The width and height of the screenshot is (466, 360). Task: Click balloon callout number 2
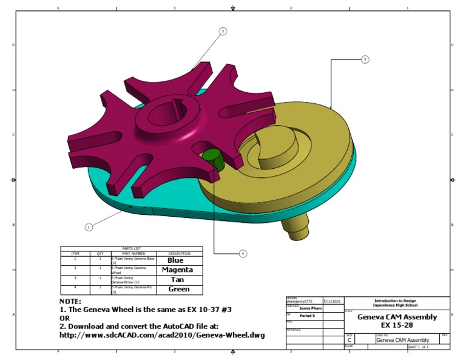[223, 31]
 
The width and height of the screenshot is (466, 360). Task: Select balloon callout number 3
[365, 59]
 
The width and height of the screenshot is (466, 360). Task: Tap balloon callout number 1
[89, 227]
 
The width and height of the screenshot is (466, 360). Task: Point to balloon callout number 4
[243, 253]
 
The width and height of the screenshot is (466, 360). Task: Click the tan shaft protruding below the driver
[297, 228]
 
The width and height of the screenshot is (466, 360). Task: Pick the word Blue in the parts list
[175, 260]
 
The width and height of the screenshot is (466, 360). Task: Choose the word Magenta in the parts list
[177, 270]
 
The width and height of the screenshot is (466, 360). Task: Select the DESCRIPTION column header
[180, 253]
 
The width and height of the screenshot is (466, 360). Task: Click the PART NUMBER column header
[133, 253]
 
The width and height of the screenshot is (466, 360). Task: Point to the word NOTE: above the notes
[70, 302]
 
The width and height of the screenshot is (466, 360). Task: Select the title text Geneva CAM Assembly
[396, 317]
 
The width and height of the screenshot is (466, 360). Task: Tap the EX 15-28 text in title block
[396, 325]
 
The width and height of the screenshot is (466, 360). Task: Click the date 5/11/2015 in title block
[332, 301]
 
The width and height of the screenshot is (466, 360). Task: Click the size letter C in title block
[349, 341]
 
